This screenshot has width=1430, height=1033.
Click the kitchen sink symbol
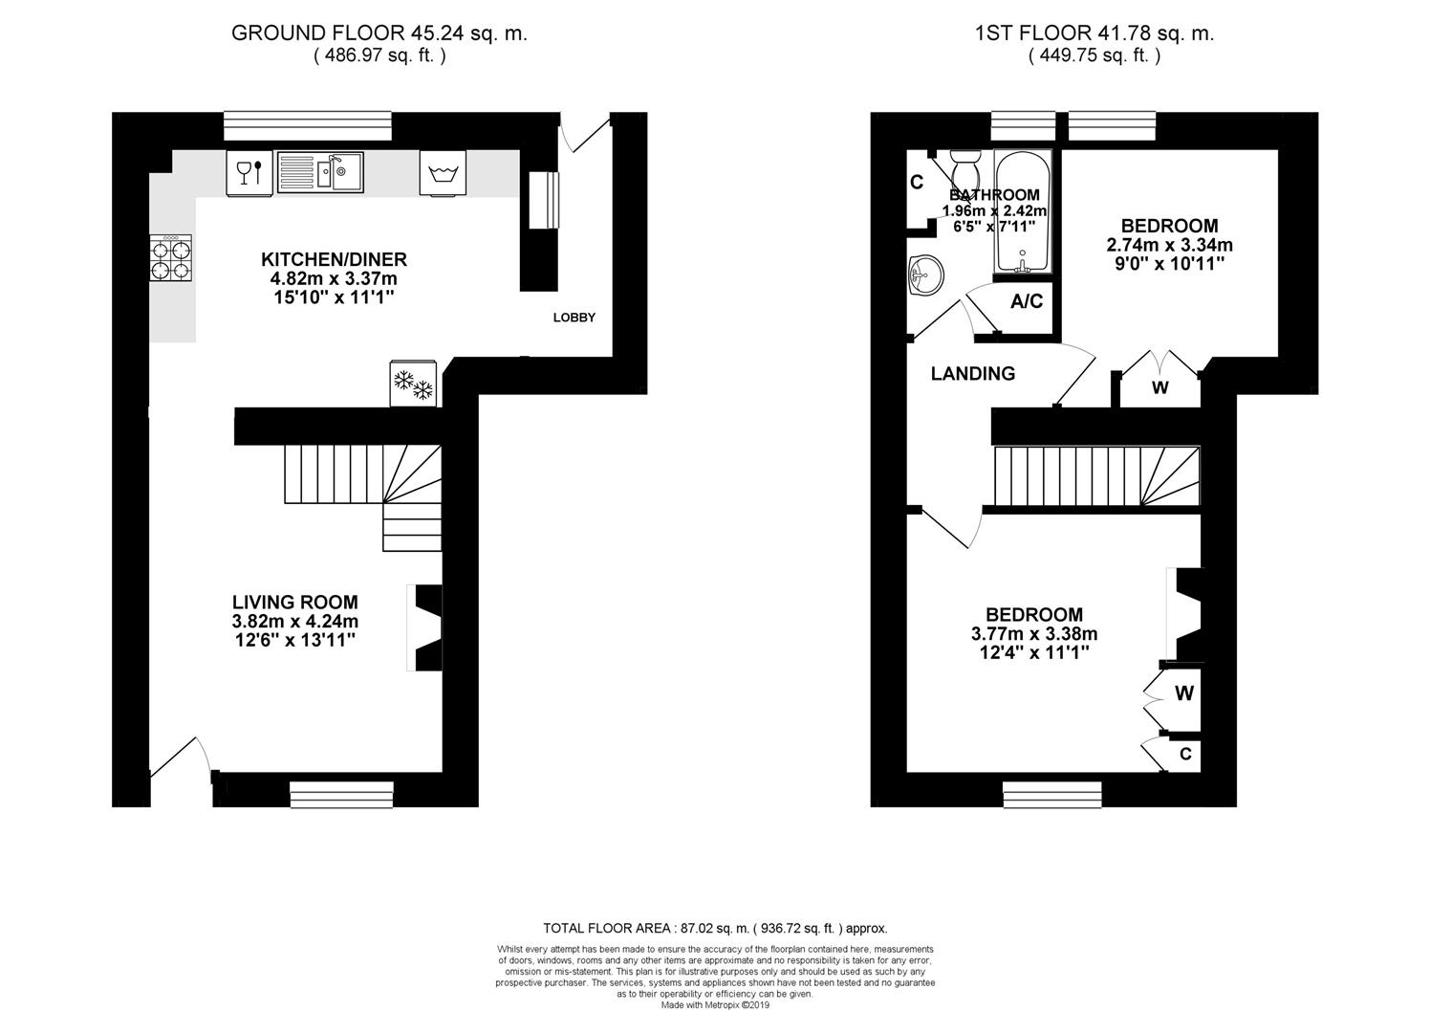coord(320,173)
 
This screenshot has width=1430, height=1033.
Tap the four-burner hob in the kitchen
coord(170,258)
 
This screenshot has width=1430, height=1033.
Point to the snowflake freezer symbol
coord(414,384)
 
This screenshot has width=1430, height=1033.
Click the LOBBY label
coord(574,318)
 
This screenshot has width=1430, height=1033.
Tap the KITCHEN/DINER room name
coord(334,259)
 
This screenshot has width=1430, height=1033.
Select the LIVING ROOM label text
coord(295,602)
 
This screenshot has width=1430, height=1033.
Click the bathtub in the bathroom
coord(1023,212)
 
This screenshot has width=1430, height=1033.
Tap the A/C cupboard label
coord(1027,302)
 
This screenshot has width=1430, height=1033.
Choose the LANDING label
coord(972,374)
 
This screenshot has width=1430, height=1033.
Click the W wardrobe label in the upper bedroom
coord(1159,388)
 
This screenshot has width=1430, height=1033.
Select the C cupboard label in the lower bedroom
coord(1185,755)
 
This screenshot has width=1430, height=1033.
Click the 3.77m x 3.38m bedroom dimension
coord(1034,633)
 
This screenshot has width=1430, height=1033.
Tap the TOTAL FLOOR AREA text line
coord(715,928)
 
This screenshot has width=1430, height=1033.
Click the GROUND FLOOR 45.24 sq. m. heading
coord(379,33)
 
